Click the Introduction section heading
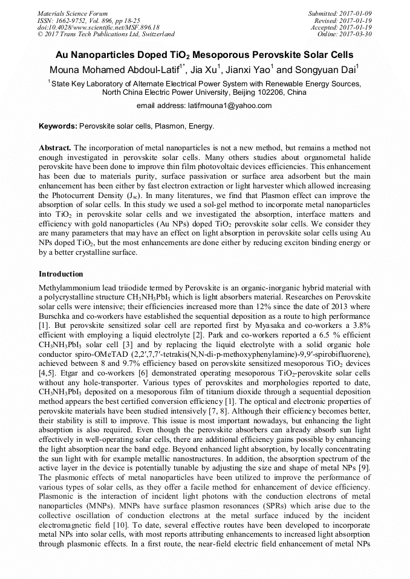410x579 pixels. point(60,274)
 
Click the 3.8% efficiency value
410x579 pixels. point(358,324)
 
